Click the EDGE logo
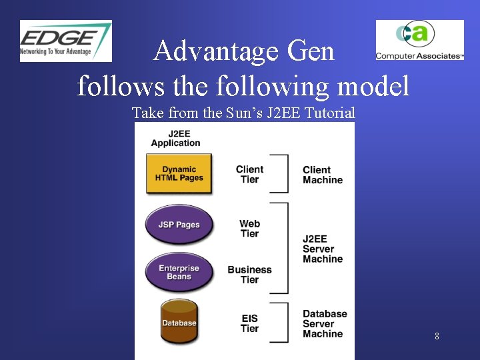pos(65,41)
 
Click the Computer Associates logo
pos(419,40)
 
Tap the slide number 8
pos(437,336)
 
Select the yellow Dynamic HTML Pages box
pos(179,174)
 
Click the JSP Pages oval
pos(179,225)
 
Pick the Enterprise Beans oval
pos(179,272)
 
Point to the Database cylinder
pos(179,322)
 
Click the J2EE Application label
pos(175,138)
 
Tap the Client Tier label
pos(249,174)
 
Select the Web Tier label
pos(249,229)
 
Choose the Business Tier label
pos(249,275)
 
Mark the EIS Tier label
pos(249,323)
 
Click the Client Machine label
pos(322,175)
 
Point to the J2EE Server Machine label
pos(322,249)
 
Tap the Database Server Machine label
pos(325,323)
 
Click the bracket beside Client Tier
pos(284,174)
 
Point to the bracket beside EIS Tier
pos(284,323)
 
